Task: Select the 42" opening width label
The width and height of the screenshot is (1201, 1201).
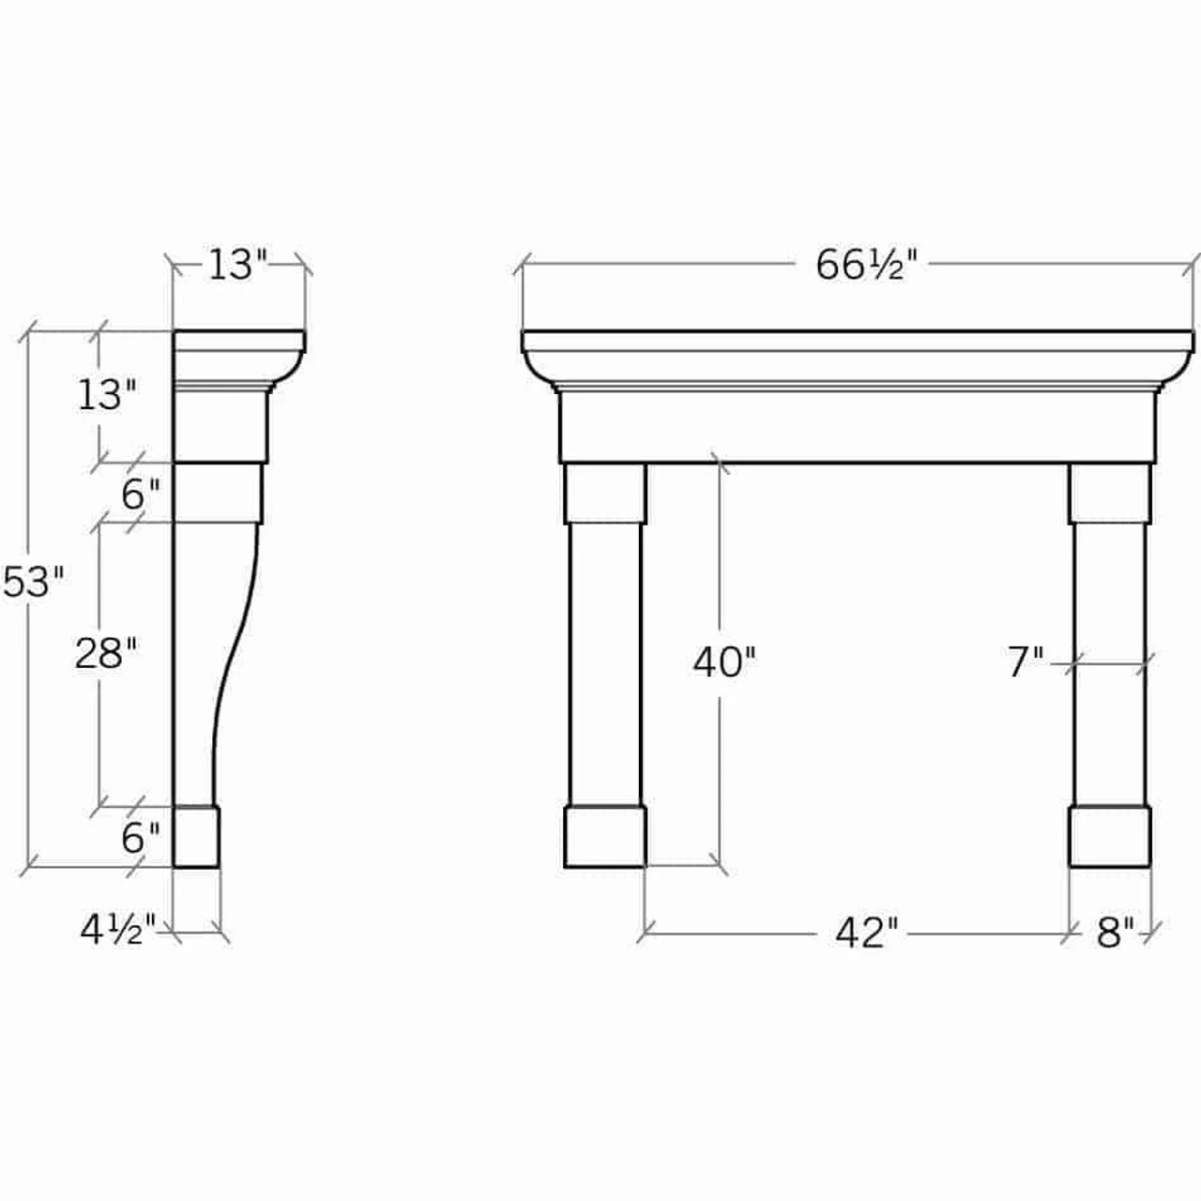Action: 866,934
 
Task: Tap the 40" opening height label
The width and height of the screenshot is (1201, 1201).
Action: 724,662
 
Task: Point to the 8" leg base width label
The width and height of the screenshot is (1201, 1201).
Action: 1115,934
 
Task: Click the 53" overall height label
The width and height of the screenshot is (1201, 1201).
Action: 33,582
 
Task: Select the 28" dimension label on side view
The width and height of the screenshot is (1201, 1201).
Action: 106,653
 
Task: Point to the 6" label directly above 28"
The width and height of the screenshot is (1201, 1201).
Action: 141,494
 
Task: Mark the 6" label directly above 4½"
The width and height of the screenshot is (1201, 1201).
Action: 141,838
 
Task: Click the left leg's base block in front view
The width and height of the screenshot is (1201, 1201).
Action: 605,837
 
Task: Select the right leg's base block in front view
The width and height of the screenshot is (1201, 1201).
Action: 1110,837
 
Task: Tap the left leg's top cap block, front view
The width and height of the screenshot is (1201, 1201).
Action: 605,494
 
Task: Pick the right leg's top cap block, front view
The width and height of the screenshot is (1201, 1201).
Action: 1110,494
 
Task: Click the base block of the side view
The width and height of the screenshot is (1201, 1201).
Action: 196,837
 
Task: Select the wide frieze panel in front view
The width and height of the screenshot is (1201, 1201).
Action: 856,427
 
